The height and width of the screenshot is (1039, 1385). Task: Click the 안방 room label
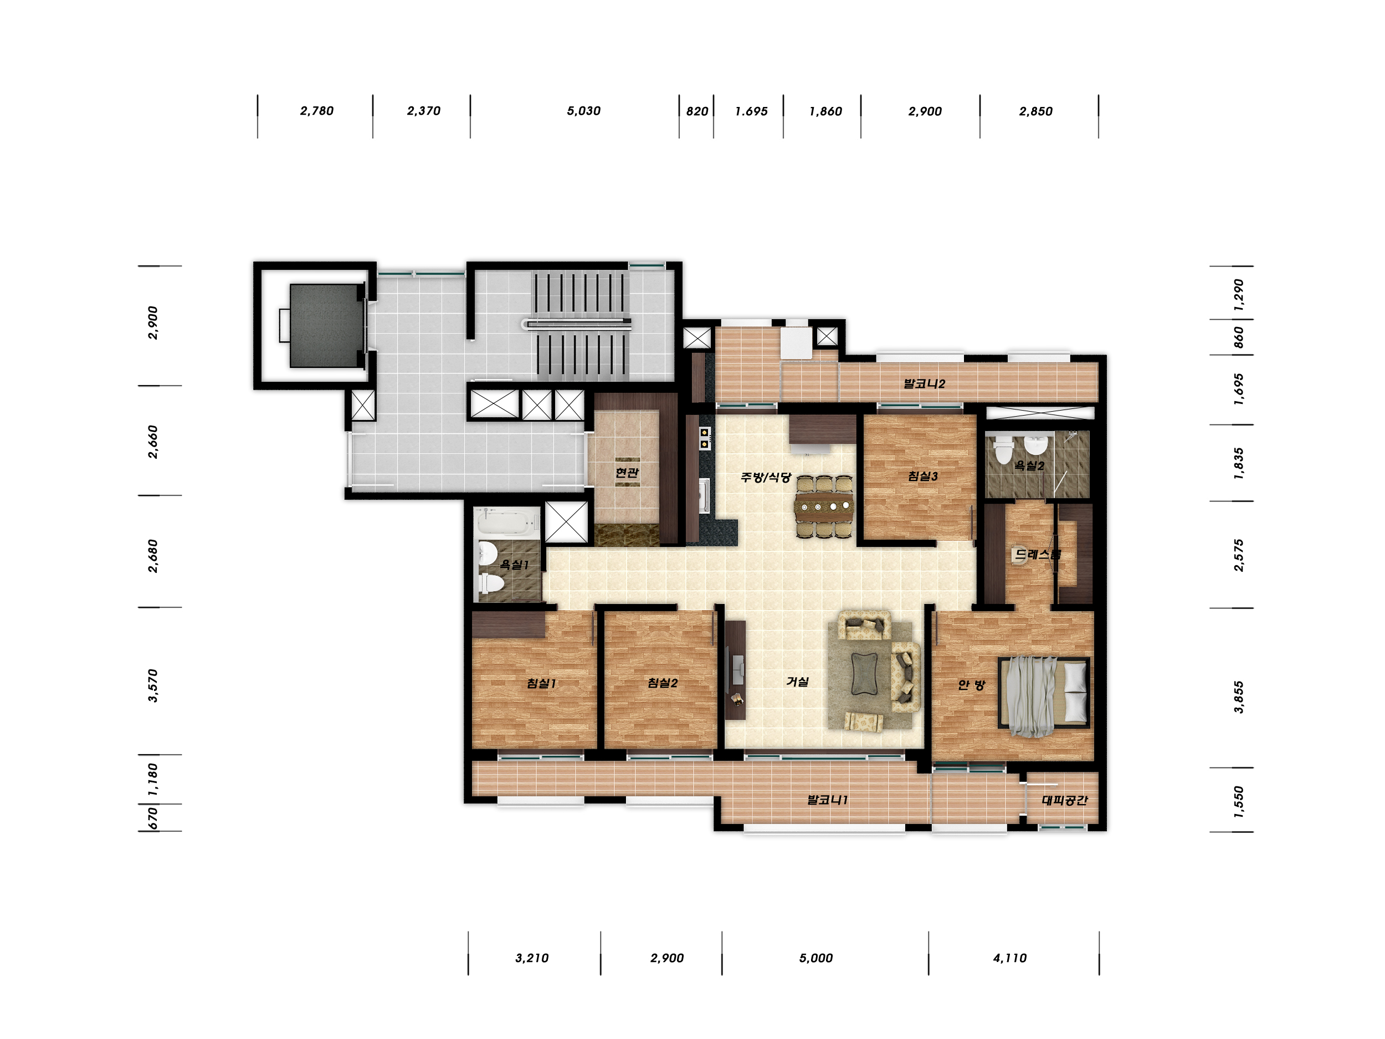click(x=971, y=685)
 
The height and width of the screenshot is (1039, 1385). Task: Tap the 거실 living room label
click(x=798, y=682)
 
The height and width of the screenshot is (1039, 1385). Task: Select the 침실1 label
click(x=542, y=683)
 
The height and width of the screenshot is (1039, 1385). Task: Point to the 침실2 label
click(x=663, y=683)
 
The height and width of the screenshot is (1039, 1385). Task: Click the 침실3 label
click(x=923, y=477)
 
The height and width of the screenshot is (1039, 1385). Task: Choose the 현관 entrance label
click(x=627, y=473)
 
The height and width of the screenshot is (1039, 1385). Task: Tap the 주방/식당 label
click(x=766, y=477)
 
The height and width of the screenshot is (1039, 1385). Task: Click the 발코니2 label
click(x=924, y=384)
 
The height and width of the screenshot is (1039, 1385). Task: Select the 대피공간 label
click(x=1064, y=800)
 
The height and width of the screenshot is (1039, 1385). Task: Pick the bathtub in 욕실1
click(x=508, y=521)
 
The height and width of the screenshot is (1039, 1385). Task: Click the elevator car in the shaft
click(x=326, y=326)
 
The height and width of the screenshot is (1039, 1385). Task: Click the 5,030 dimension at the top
click(x=583, y=111)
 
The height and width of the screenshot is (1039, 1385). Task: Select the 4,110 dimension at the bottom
click(x=1010, y=958)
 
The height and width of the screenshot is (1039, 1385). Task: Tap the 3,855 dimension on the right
click(x=1239, y=697)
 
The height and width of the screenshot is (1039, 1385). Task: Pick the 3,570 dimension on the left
click(x=153, y=685)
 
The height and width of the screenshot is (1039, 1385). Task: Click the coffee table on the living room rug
click(x=865, y=674)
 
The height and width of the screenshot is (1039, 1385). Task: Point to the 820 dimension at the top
click(x=697, y=111)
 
